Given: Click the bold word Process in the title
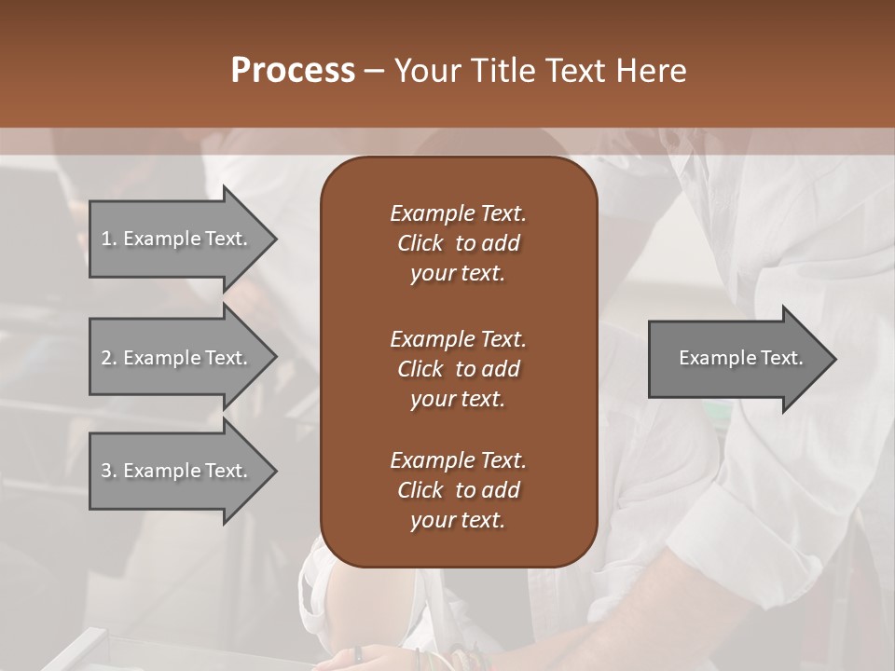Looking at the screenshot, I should click(x=293, y=71).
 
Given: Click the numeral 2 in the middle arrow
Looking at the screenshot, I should click(x=106, y=358).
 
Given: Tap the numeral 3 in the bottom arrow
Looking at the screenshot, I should click(x=106, y=471).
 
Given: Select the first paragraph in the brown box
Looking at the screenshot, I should click(x=458, y=243).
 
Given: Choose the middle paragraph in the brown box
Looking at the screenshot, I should click(x=458, y=368).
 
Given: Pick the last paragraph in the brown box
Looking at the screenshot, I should click(x=458, y=490).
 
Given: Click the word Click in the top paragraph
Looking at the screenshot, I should click(x=420, y=243).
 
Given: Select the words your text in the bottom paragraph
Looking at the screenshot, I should click(x=458, y=521).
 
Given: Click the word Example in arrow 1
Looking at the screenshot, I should click(x=161, y=239).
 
